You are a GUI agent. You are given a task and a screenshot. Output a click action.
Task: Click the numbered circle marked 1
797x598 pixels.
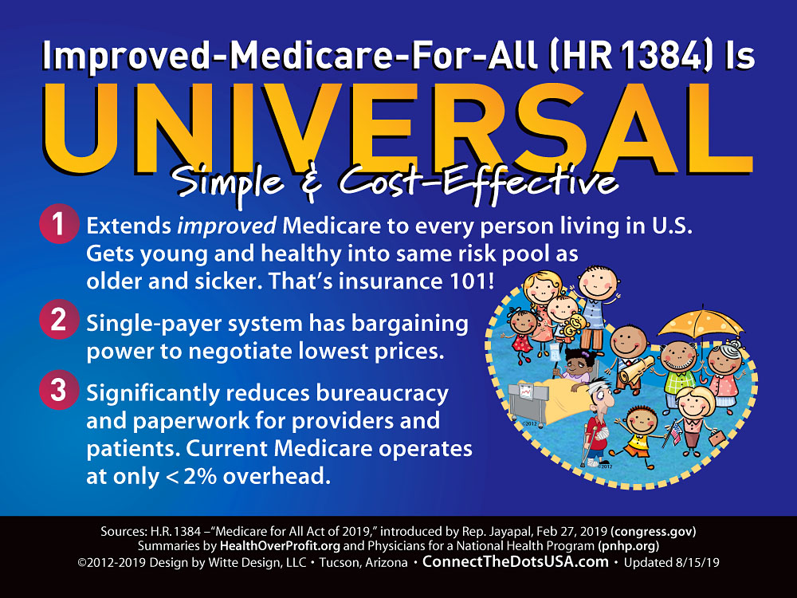(x=59, y=224)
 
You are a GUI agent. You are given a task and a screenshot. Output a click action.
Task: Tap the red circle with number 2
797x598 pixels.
(x=59, y=320)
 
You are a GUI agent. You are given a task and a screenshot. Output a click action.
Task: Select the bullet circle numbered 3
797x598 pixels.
(x=59, y=390)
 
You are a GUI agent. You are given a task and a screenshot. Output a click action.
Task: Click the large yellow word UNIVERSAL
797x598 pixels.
(x=398, y=128)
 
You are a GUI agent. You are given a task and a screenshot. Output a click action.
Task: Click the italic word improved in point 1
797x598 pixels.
(x=226, y=226)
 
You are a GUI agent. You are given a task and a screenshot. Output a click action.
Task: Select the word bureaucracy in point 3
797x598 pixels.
(x=383, y=394)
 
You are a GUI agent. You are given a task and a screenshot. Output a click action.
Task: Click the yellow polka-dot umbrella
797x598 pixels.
(x=701, y=325)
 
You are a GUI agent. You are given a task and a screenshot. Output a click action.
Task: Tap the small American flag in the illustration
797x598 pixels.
(x=674, y=432)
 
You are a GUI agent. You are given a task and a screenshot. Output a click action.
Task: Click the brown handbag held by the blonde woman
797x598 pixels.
(x=717, y=437)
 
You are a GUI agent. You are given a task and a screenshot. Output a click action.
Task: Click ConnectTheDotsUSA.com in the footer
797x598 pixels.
(x=516, y=561)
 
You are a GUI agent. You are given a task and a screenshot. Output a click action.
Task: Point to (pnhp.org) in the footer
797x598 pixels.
(x=628, y=546)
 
